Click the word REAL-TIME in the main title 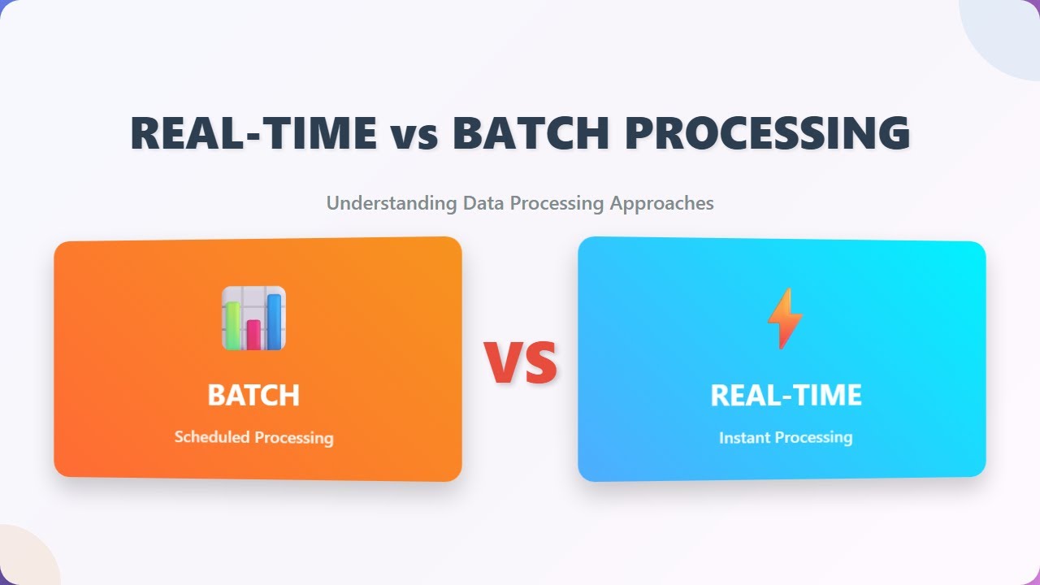pyautogui.click(x=253, y=133)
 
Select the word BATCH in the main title pyautogui.click(x=529, y=133)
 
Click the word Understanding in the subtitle pyautogui.click(x=392, y=203)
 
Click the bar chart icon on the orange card pyautogui.click(x=253, y=318)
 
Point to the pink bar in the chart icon pyautogui.click(x=253, y=334)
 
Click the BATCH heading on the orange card pyautogui.click(x=253, y=396)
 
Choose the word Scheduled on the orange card pyautogui.click(x=211, y=437)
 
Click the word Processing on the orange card pyautogui.click(x=293, y=437)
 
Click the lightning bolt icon pyautogui.click(x=784, y=318)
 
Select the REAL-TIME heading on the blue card pyautogui.click(x=786, y=396)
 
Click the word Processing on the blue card pyautogui.click(x=813, y=437)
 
